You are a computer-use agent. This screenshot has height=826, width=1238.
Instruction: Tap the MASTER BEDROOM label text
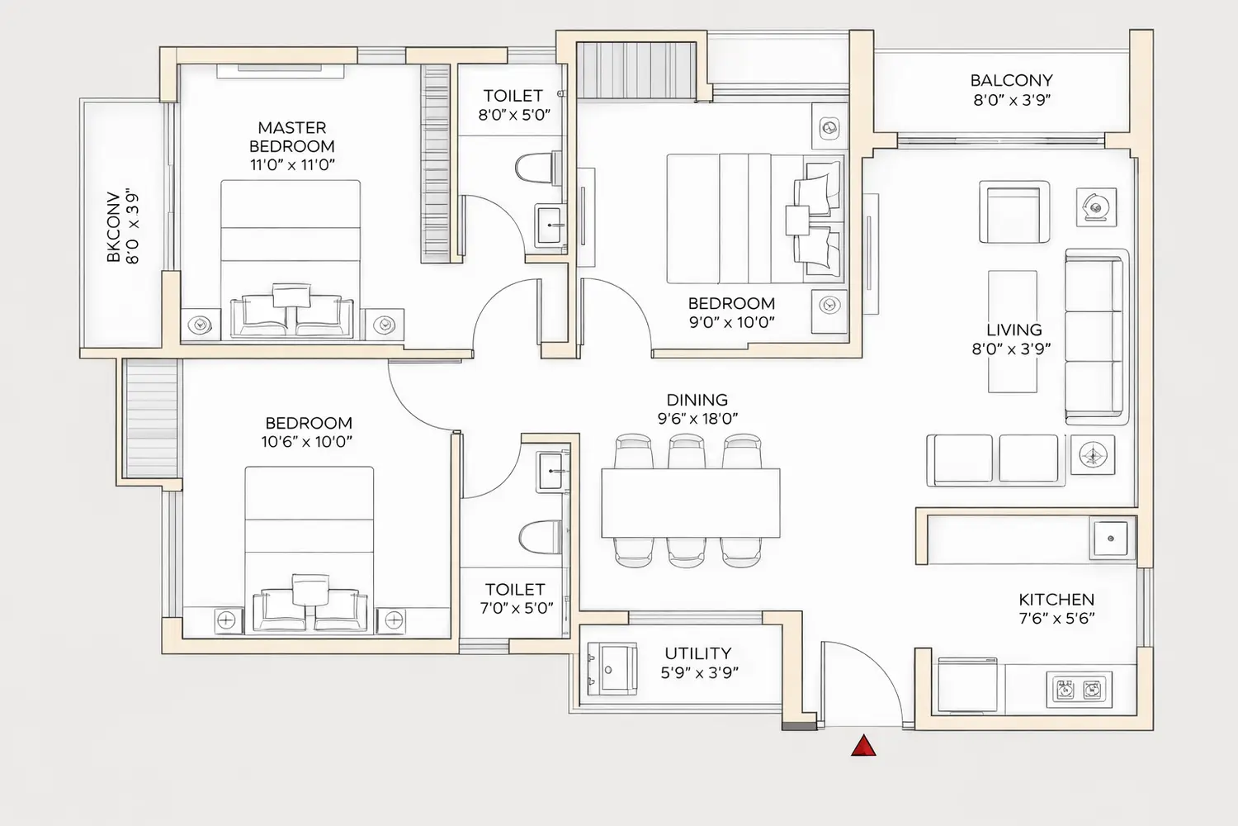[x=292, y=137]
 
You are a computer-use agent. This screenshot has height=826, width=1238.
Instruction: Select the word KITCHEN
[x=1056, y=600]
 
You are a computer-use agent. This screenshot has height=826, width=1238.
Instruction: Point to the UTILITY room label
[x=698, y=653]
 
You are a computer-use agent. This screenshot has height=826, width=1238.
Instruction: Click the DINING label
[x=697, y=400]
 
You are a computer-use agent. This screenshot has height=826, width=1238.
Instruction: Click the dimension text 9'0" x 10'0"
[x=732, y=322]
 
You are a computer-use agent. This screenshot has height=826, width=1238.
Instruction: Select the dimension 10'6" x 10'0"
[x=307, y=442]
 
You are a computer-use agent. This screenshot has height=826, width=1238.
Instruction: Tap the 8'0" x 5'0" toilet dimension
[x=514, y=115]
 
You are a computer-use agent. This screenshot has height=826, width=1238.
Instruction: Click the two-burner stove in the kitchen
[x=1079, y=689]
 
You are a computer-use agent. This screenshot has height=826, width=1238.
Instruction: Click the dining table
[x=691, y=502]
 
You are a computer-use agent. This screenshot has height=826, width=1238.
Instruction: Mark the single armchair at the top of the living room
[x=1014, y=212]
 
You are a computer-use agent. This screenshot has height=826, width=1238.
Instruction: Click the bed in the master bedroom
[x=291, y=256]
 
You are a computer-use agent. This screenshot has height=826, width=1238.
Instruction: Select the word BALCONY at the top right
[x=1011, y=81]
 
